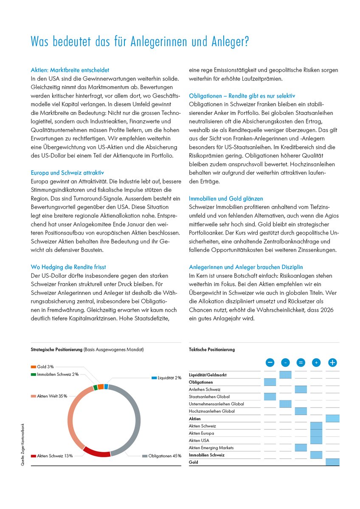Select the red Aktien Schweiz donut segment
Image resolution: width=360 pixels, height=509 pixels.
97,450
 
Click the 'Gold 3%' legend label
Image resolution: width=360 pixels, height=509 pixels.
45,366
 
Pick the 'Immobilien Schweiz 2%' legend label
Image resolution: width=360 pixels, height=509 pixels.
58,374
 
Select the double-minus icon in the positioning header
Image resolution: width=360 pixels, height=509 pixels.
270,363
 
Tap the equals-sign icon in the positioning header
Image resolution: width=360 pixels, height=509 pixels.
301,363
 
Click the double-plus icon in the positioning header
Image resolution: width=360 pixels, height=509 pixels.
332,363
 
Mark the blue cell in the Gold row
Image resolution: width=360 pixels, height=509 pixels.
332,462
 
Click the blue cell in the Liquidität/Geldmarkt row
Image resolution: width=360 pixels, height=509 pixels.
285,375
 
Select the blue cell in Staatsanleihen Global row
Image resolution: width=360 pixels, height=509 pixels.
270,397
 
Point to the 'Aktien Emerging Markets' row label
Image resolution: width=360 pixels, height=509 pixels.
211,447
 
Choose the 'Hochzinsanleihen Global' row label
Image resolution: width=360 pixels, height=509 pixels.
211,411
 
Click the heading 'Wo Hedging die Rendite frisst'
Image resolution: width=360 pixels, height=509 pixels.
68,267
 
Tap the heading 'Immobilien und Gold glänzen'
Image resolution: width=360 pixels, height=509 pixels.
226,199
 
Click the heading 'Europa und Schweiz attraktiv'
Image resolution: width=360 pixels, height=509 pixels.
67,173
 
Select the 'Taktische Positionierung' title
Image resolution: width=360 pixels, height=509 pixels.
211,350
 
